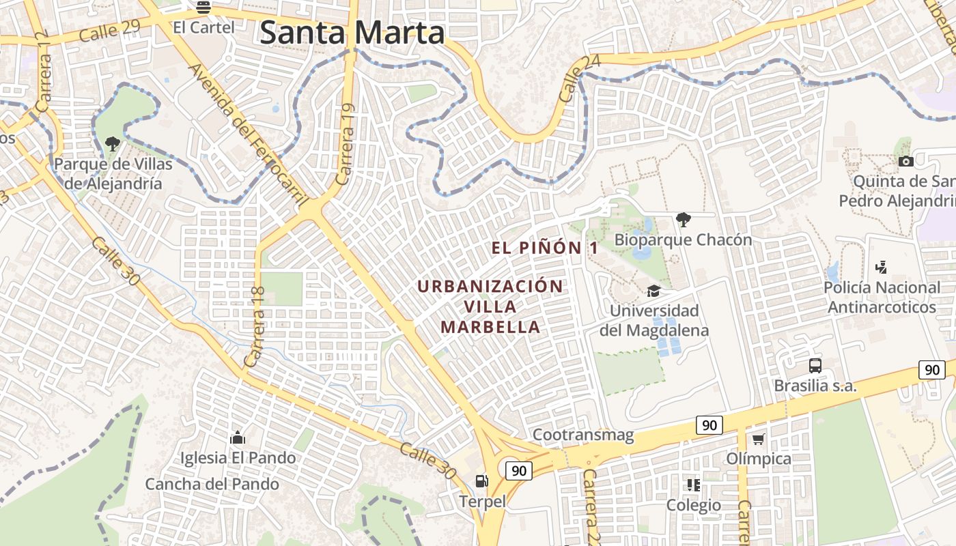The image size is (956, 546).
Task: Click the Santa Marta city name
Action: (352, 32)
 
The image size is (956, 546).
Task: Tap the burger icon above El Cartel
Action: (203, 8)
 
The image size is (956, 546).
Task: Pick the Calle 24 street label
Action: (580, 79)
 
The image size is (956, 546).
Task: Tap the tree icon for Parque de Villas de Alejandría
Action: (113, 144)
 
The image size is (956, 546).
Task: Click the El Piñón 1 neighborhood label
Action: (545, 248)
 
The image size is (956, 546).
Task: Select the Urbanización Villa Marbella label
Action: (490, 306)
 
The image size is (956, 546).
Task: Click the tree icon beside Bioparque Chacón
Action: (682, 219)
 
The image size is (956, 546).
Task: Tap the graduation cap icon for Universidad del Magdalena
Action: (653, 291)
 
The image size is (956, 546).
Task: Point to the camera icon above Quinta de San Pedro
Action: (906, 162)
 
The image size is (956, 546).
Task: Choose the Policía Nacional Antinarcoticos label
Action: (882, 298)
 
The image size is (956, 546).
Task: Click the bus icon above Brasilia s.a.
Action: (815, 365)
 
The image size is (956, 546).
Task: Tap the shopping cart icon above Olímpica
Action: (758, 439)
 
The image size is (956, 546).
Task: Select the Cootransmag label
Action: (583, 435)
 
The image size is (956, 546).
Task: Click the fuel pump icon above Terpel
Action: (482, 481)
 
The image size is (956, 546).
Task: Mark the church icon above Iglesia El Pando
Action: (238, 437)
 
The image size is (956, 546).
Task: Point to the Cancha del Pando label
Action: (212, 485)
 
